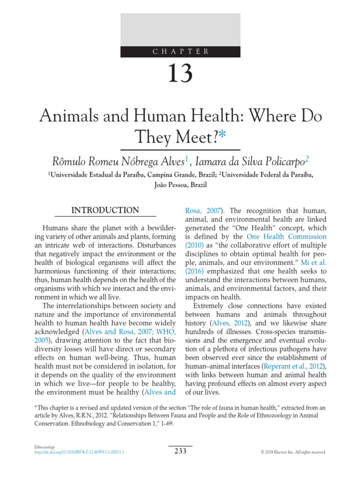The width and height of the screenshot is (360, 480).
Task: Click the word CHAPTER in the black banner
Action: pyautogui.click(x=180, y=52)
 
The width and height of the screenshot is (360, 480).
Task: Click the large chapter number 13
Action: pyautogui.click(x=180, y=74)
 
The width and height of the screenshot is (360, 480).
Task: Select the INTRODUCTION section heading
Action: pyautogui.click(x=105, y=210)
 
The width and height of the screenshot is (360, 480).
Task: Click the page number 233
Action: pyautogui.click(x=180, y=451)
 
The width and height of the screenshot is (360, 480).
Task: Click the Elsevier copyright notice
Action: pyautogui.click(x=293, y=452)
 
